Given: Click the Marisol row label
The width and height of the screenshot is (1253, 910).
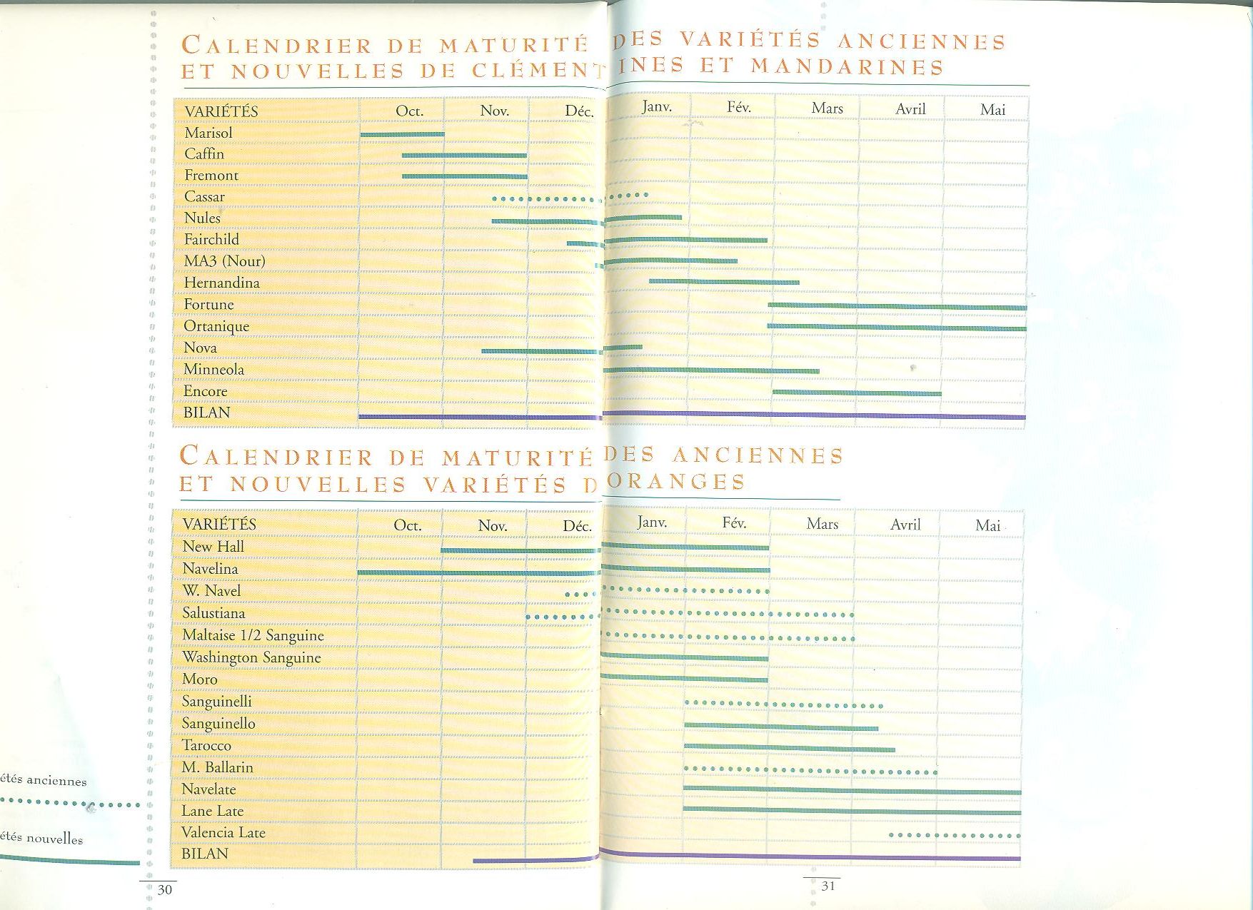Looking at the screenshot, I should (208, 133).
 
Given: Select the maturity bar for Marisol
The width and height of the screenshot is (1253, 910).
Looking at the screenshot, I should (402, 134).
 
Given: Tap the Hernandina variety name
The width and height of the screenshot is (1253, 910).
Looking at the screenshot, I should (221, 283).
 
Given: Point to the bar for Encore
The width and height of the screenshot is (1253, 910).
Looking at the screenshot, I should (857, 393).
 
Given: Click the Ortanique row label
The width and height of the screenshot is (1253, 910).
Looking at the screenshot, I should (216, 326).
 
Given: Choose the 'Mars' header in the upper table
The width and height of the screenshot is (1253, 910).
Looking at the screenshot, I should (827, 108).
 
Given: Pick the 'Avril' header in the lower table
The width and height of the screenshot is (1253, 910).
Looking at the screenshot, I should (905, 525).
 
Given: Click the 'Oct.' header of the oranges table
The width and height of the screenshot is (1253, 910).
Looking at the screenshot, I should (408, 525).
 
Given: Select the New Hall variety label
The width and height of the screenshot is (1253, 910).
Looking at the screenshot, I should (213, 547).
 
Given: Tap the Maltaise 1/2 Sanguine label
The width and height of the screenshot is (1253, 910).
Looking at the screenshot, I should (253, 635).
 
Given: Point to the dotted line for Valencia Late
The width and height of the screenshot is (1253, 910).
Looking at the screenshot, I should (955, 835).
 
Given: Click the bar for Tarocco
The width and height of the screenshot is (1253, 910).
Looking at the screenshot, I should (789, 748).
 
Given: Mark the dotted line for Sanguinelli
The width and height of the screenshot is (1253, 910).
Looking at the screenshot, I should (783, 704).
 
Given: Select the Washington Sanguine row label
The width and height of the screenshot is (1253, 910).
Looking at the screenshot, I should (251, 657).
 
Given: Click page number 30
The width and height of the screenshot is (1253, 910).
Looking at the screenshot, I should (165, 889).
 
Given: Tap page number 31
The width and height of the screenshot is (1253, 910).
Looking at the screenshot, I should (828, 886).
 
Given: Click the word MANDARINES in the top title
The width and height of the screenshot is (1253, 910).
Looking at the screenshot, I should (847, 67).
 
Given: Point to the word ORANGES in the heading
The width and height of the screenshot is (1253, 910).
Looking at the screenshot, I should (675, 482).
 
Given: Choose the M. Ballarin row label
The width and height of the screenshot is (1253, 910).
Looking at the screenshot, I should (217, 767).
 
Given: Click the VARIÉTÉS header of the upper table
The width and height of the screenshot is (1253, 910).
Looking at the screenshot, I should (221, 111).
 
